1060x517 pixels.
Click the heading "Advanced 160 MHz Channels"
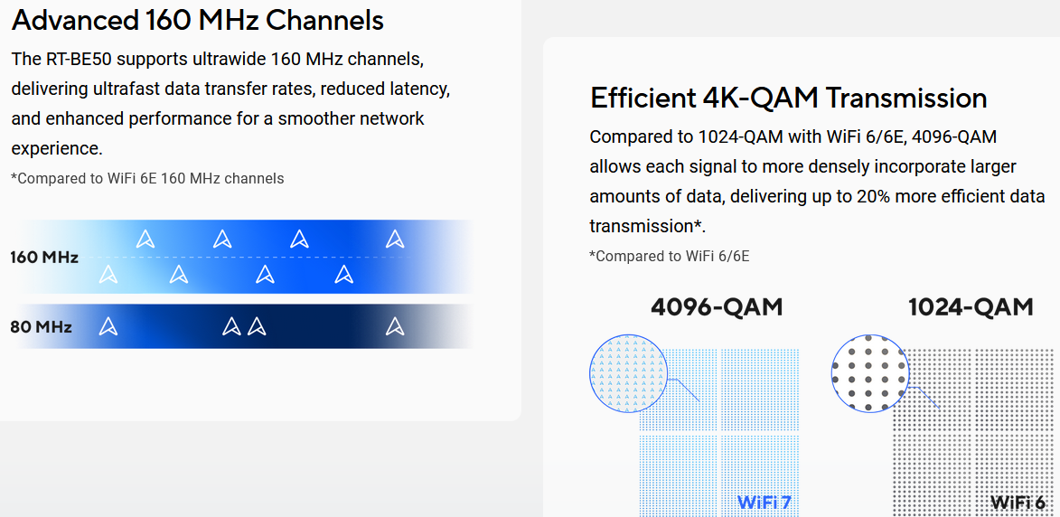(x=197, y=20)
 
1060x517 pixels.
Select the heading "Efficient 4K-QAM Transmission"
(x=788, y=98)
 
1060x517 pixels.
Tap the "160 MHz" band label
(x=44, y=258)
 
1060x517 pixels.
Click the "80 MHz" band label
(x=41, y=327)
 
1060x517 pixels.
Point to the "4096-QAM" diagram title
(x=717, y=306)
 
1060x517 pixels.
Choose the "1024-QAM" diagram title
(x=971, y=306)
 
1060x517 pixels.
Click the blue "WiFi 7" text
(x=764, y=503)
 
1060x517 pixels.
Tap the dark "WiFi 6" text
(x=1018, y=503)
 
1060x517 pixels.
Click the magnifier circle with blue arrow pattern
(x=629, y=373)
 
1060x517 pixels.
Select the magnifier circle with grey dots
(x=870, y=373)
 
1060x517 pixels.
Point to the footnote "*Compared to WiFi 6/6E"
(x=670, y=256)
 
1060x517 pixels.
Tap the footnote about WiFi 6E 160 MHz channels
(x=147, y=178)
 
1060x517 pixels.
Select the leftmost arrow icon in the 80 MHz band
(x=108, y=327)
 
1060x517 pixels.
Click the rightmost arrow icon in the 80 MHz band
(x=395, y=327)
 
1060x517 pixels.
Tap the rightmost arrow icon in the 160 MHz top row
(x=395, y=239)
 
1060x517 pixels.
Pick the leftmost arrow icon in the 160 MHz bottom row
(x=108, y=275)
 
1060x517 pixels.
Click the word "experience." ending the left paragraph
(x=57, y=148)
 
